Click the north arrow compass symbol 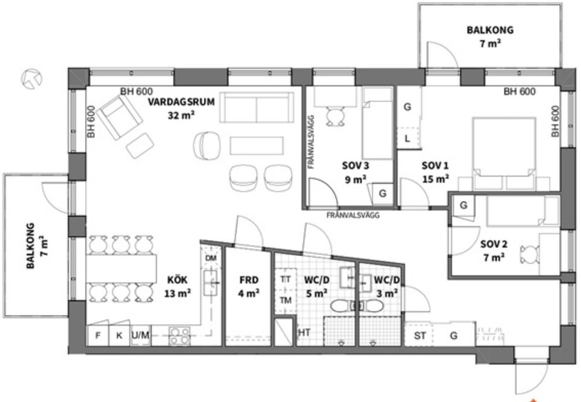click(31, 78)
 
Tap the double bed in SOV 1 click(504, 149)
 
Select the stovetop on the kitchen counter click(180, 335)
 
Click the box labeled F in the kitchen click(98, 336)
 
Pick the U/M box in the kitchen click(140, 336)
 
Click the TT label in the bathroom click(285, 280)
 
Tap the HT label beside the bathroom click(304, 333)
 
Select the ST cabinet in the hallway click(418, 335)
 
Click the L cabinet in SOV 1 click(407, 138)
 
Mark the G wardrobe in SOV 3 click(382, 193)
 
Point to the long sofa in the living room click(258, 107)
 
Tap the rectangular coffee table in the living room click(257, 146)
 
